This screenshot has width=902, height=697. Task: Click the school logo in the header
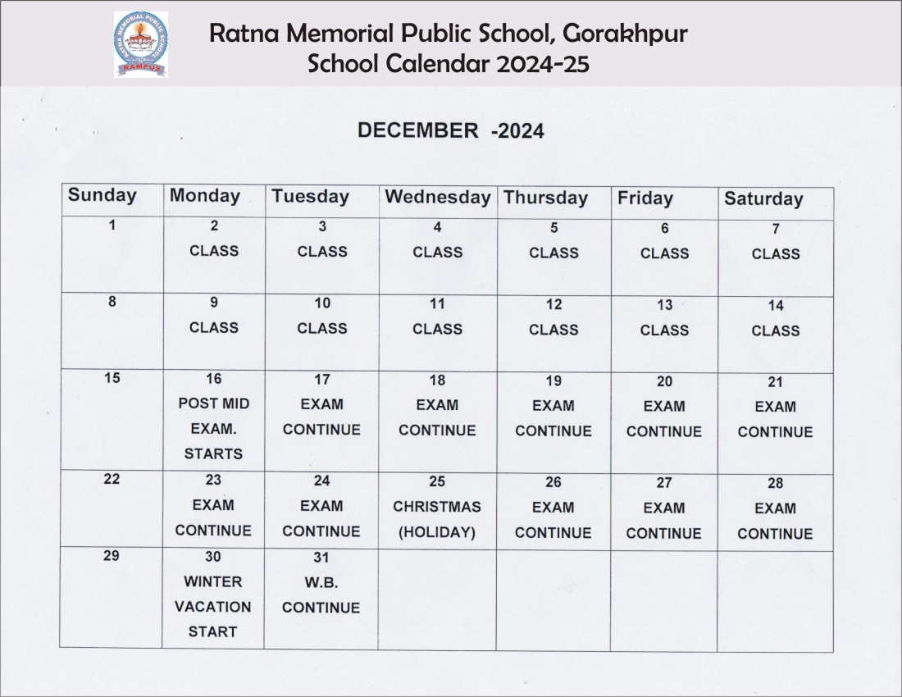(x=140, y=44)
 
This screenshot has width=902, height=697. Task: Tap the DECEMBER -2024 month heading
(x=450, y=130)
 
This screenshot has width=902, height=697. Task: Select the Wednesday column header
(x=437, y=197)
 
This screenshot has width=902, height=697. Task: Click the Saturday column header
(x=763, y=199)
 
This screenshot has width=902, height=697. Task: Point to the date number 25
(x=437, y=481)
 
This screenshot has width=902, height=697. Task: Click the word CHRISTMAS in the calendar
(x=437, y=507)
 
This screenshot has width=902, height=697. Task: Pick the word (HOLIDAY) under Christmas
(x=437, y=532)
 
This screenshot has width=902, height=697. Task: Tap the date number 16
(x=213, y=379)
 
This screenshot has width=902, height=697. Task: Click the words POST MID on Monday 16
(x=213, y=403)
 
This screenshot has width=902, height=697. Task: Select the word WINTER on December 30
(x=213, y=581)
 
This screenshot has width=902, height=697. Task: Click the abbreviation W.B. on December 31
(x=321, y=582)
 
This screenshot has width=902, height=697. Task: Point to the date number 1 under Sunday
(x=112, y=225)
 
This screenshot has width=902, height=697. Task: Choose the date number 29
(x=112, y=556)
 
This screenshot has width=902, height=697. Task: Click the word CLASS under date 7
(x=775, y=254)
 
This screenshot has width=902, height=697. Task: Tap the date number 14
(x=776, y=306)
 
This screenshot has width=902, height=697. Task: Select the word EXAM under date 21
(x=775, y=407)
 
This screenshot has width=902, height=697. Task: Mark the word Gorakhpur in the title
(x=626, y=34)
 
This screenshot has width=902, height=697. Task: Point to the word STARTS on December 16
(x=213, y=453)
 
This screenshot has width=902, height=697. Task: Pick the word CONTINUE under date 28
(x=775, y=534)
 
